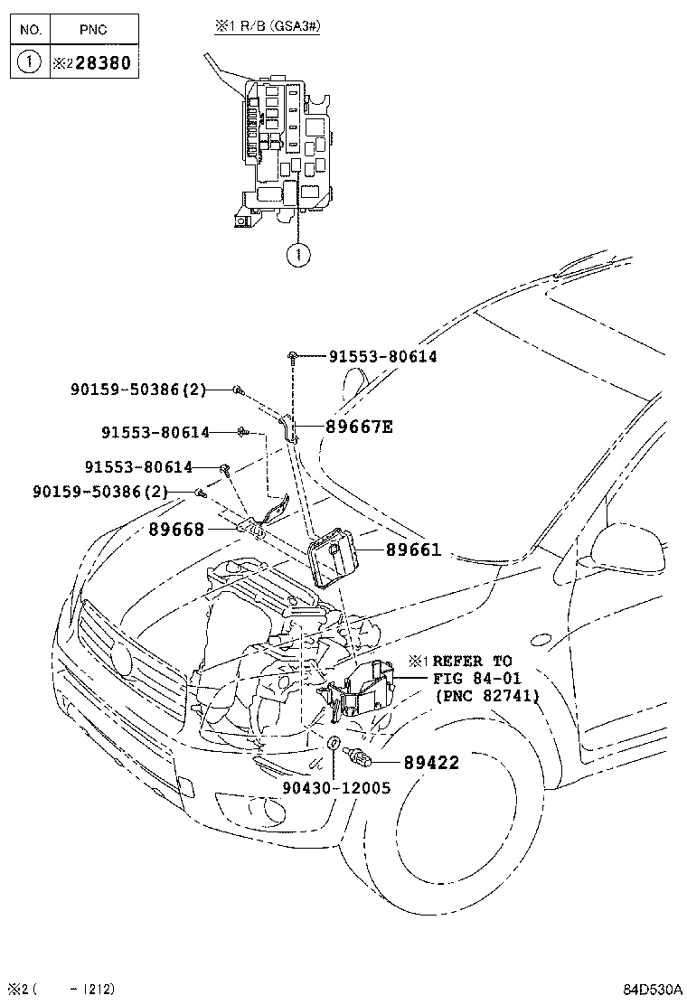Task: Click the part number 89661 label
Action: click(413, 549)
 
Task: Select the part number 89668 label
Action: click(176, 530)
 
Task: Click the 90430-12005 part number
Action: click(336, 787)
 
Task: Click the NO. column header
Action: click(30, 30)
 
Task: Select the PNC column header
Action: click(93, 30)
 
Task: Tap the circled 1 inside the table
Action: click(30, 63)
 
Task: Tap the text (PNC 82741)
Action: click(486, 696)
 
